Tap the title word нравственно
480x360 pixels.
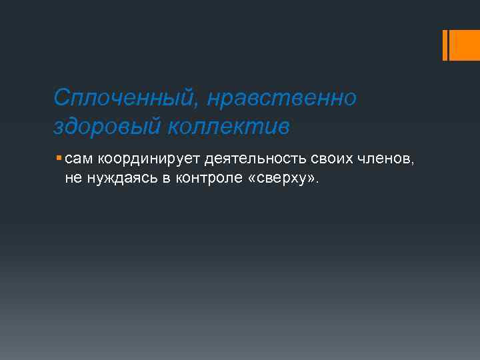282,99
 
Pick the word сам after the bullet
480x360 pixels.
79,159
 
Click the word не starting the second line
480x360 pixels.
72,178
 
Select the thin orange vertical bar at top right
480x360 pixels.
445,45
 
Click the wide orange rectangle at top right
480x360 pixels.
465,45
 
